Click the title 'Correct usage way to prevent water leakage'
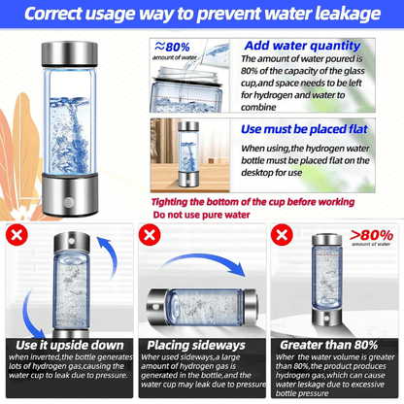point(201,15)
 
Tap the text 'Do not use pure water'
point(202,216)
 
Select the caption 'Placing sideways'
point(201,345)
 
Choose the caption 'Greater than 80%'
point(334,345)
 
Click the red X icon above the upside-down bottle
point(16,236)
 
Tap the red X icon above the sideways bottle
point(150,236)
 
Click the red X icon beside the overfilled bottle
point(282,236)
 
